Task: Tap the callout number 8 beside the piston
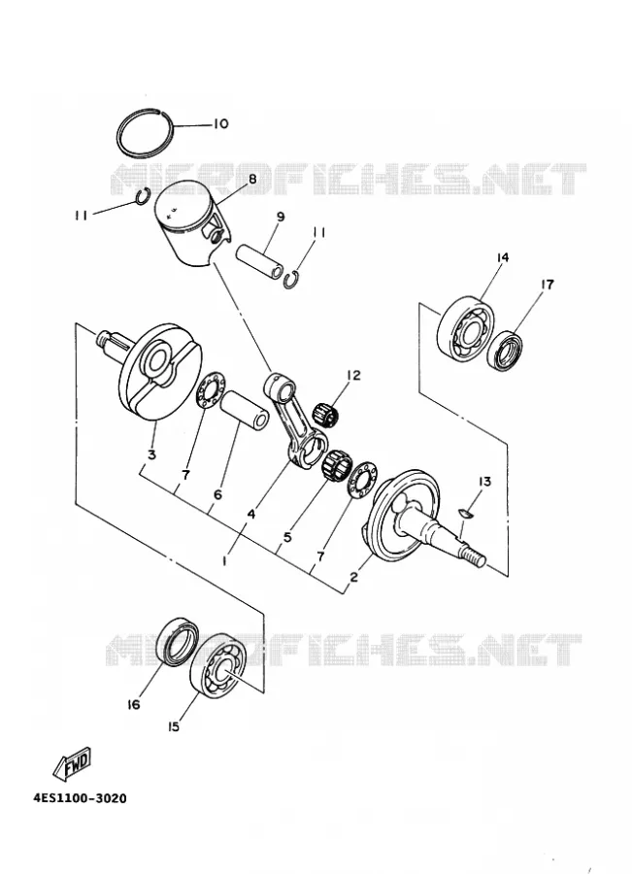pyautogui.click(x=252, y=179)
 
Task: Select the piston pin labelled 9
pyautogui.click(x=259, y=260)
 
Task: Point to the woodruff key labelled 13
pyautogui.click(x=465, y=513)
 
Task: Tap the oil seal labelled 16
pyautogui.click(x=178, y=641)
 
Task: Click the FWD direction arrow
pyautogui.click(x=72, y=763)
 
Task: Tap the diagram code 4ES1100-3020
pyautogui.click(x=80, y=799)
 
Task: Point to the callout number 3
pyautogui.click(x=151, y=454)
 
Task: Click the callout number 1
pyautogui.click(x=224, y=561)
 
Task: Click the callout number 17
pyautogui.click(x=548, y=285)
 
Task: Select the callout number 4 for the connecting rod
pyautogui.click(x=251, y=514)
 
